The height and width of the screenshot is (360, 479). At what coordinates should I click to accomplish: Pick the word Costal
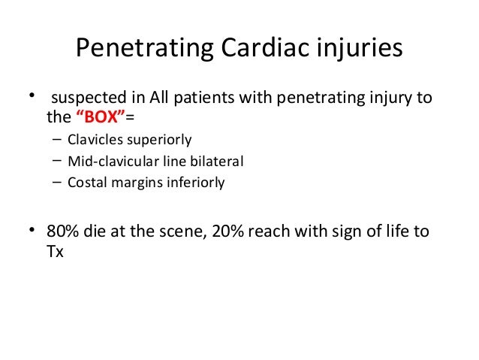click(85, 182)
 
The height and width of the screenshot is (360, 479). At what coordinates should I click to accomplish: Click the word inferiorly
click(195, 182)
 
